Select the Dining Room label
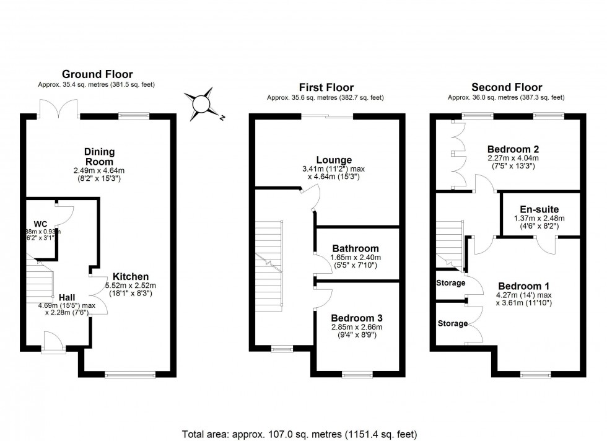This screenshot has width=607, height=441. (x=99, y=156)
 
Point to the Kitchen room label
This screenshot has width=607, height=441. (x=130, y=277)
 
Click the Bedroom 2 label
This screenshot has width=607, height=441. (x=513, y=149)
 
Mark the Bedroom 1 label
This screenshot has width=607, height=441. (x=524, y=286)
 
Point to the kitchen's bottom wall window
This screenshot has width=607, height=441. (x=130, y=373)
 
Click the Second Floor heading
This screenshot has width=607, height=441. (x=507, y=87)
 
